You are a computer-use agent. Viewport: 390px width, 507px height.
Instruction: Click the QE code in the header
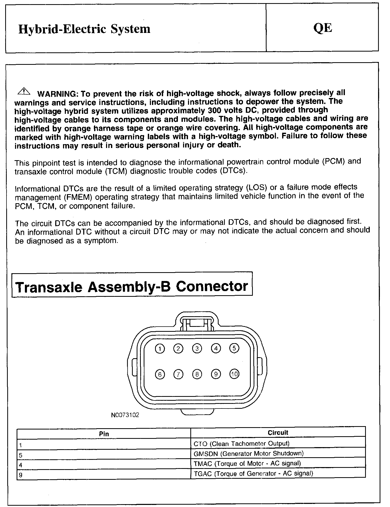322,28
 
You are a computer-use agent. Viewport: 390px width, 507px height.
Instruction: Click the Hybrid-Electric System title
84,29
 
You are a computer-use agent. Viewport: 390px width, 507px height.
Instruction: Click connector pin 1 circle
160,349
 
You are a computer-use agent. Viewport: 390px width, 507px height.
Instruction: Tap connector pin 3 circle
197,349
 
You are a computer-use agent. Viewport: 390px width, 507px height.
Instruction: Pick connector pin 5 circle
234,348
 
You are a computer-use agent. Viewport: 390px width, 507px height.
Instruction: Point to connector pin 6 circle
160,374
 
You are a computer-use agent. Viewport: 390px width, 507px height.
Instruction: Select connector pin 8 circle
197,374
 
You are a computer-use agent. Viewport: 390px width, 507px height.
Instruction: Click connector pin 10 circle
234,374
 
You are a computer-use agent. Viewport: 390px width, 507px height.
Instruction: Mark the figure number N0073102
125,415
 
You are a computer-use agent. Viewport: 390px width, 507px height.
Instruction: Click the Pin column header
104,434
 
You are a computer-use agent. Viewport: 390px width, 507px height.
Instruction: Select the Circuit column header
278,432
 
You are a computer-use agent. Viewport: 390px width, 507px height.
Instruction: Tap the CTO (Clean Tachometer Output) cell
241,443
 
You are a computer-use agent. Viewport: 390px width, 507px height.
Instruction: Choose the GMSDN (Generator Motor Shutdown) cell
248,453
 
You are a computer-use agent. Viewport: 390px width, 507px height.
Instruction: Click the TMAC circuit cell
247,463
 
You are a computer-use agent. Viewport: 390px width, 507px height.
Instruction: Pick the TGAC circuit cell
253,473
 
